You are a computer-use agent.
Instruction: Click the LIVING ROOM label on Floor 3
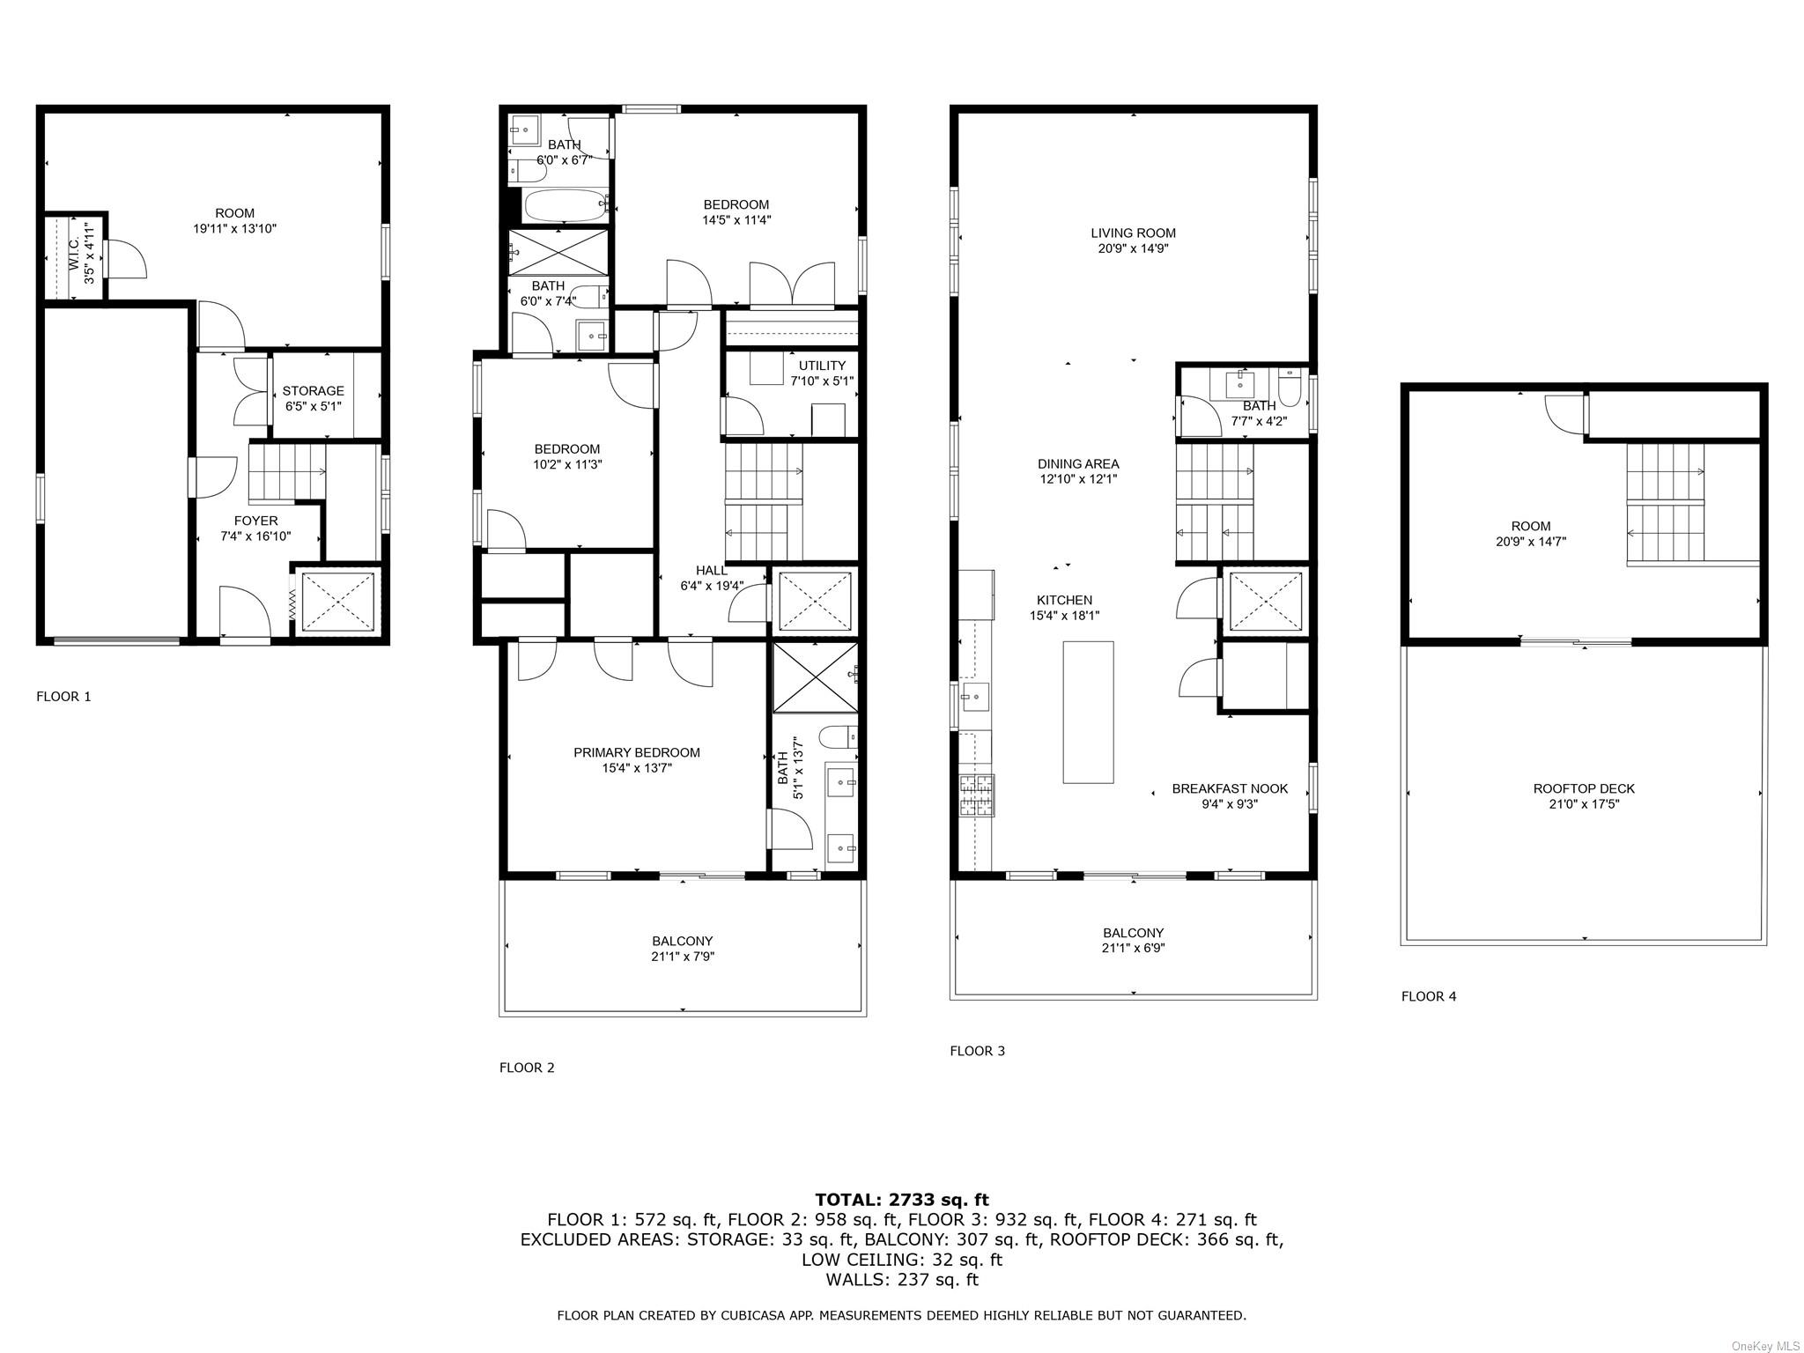tap(1133, 233)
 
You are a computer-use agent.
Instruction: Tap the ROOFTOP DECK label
tap(1584, 789)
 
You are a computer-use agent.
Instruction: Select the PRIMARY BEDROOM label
tap(637, 753)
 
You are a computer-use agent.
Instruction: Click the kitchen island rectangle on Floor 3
tap(1088, 712)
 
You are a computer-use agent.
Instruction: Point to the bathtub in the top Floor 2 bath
tap(567, 207)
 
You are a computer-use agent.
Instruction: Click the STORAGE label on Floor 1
tap(313, 391)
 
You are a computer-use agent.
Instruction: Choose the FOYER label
tap(255, 521)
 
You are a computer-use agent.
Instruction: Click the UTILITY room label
tap(822, 366)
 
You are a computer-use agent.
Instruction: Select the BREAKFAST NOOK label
tap(1230, 789)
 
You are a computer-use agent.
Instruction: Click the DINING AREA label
tap(1078, 464)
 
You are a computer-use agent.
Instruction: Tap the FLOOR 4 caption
tap(1429, 996)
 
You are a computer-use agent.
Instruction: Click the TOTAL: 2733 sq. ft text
tap(902, 1200)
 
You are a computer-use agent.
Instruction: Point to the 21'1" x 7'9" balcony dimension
tap(683, 957)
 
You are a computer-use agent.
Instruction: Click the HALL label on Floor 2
tap(712, 571)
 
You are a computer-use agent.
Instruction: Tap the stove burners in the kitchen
tap(977, 796)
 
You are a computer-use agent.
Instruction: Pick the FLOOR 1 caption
tap(63, 697)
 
